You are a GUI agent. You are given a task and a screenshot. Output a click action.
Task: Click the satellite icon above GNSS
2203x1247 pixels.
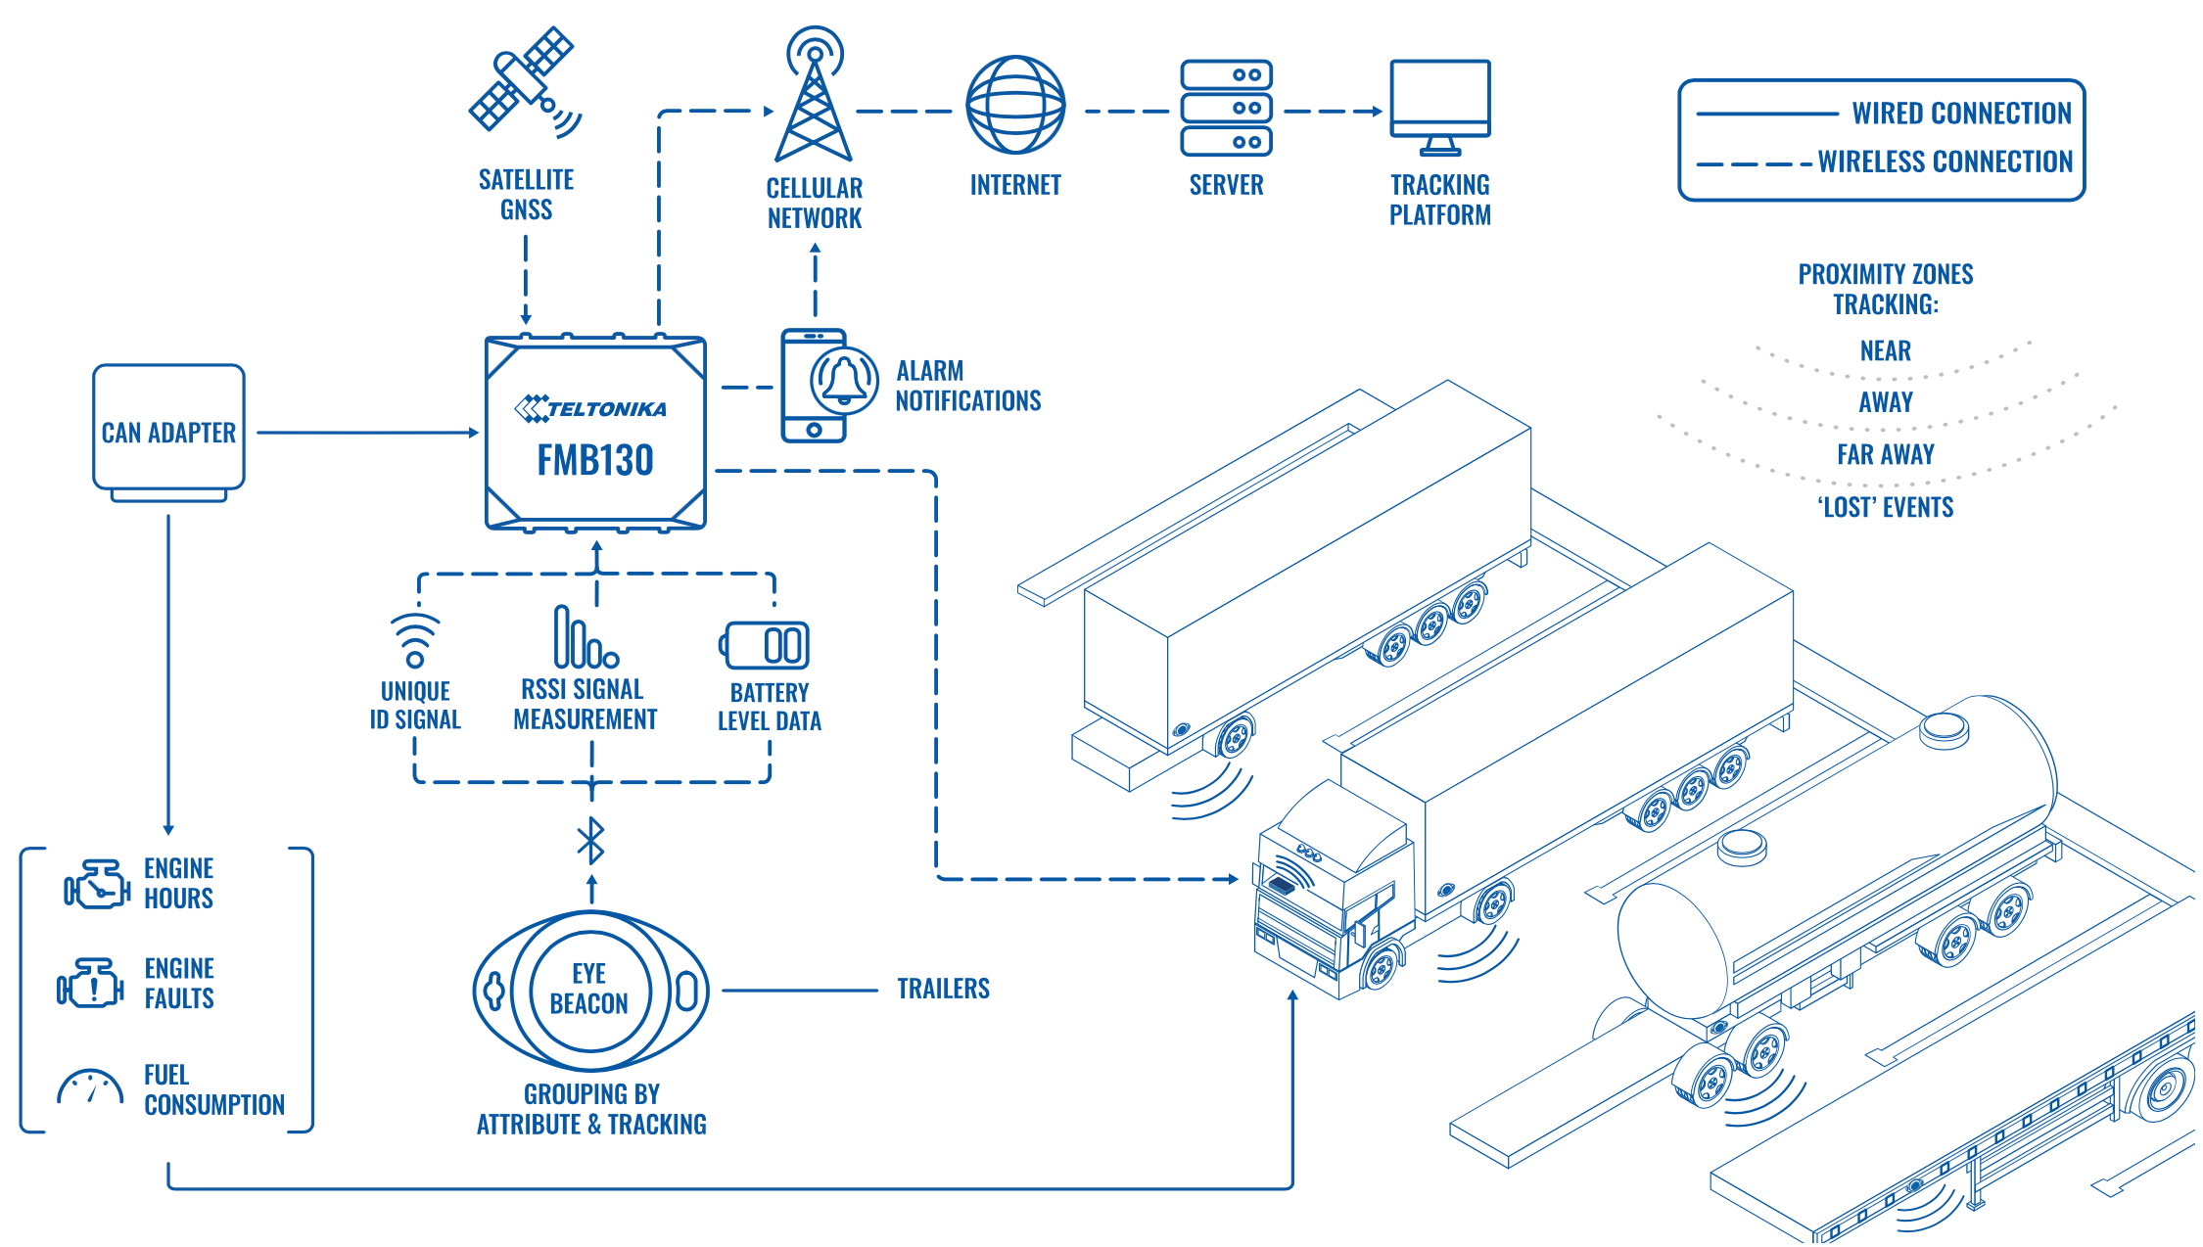[x=525, y=81]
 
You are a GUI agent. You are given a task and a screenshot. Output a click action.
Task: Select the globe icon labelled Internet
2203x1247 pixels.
[x=1015, y=105]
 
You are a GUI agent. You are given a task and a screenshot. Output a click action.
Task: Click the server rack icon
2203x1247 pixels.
[x=1226, y=108]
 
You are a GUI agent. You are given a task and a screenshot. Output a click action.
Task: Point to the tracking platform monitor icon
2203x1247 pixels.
[x=1440, y=107]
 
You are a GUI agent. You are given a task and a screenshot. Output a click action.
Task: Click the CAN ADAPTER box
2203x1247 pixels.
[x=168, y=431]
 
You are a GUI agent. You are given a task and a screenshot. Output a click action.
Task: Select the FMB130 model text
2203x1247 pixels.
[x=595, y=460]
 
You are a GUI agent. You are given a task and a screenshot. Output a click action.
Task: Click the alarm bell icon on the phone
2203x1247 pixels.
[x=844, y=381]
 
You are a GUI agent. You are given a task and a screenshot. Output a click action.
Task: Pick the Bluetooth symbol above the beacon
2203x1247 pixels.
[x=591, y=841]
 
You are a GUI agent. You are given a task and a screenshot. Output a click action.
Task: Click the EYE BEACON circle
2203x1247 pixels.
[x=590, y=989]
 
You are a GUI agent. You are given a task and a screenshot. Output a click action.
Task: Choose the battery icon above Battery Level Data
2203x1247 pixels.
[x=767, y=646]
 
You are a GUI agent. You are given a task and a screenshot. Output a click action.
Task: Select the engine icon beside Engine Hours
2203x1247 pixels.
[x=97, y=884]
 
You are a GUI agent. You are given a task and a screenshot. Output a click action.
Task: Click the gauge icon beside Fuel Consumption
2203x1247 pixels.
[x=90, y=1088]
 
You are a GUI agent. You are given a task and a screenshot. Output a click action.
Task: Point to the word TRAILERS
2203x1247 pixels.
[x=943, y=989]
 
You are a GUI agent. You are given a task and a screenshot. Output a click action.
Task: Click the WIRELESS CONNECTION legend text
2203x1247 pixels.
[x=1945, y=162]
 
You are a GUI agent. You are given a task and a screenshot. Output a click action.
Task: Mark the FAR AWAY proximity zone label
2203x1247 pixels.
[x=1886, y=454]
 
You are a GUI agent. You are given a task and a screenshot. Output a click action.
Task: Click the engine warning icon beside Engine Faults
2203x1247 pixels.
[x=90, y=983]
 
